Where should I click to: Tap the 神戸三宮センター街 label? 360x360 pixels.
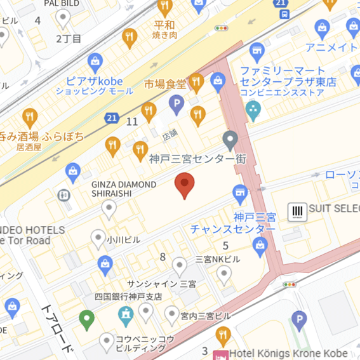(197, 159)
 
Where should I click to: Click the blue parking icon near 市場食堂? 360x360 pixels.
(176, 102)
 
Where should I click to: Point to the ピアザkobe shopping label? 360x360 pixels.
(95, 81)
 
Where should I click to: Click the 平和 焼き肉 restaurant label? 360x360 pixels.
(164, 29)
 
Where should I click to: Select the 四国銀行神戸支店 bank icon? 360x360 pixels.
(126, 313)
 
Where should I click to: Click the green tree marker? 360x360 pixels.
(86, 317)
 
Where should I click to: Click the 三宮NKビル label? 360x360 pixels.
(217, 259)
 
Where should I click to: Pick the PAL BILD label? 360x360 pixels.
(63, 3)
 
